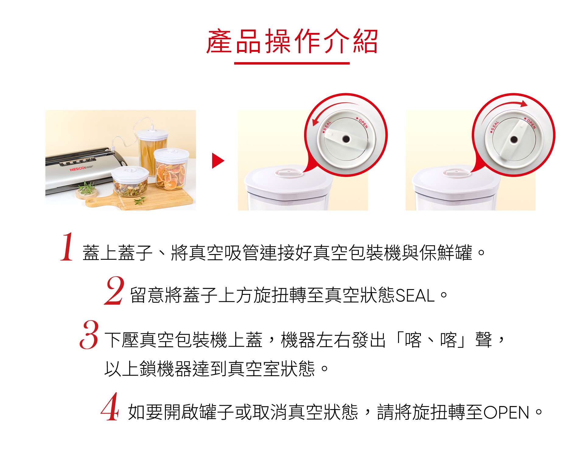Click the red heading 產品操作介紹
tap(292, 41)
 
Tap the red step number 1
tap(67, 246)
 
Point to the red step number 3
tap(89, 334)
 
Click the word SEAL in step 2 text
tap(415, 295)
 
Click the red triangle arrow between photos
tap(218, 161)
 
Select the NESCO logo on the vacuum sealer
tap(77, 169)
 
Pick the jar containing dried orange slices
tap(171, 169)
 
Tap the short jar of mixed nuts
tap(130, 182)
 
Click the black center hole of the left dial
tap(346, 139)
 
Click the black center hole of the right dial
tap(514, 140)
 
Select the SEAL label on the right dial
tap(495, 126)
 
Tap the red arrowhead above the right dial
tap(524, 104)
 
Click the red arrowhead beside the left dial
tap(316, 122)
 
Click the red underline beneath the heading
tap(292, 63)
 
